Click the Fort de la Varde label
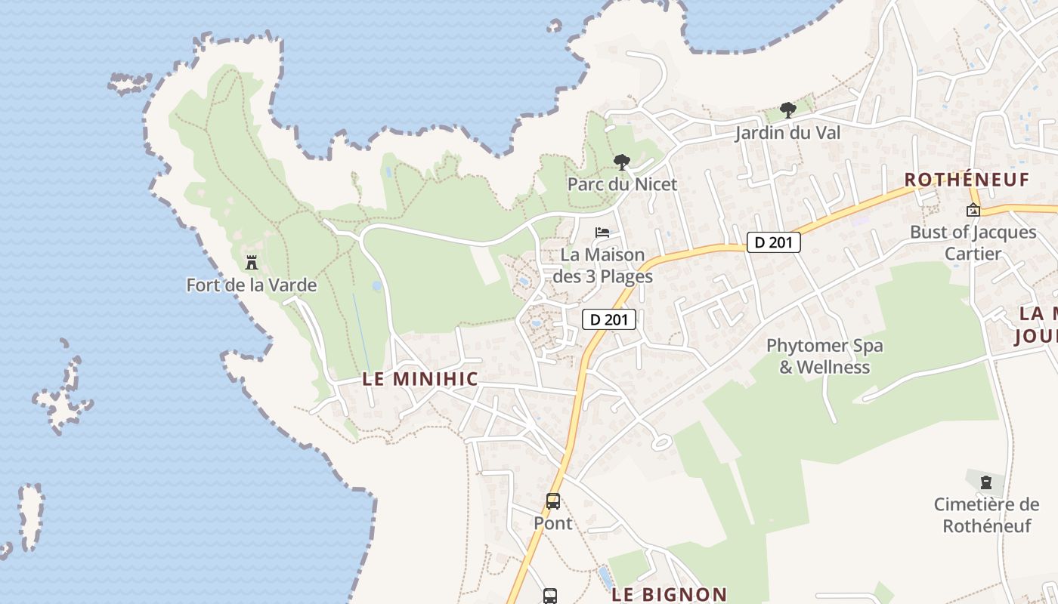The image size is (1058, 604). click(x=251, y=285)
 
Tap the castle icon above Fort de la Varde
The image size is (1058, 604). click(x=252, y=263)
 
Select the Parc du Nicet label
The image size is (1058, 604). click(x=622, y=184)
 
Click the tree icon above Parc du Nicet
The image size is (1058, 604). click(x=622, y=162)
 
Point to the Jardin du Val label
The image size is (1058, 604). click(x=788, y=133)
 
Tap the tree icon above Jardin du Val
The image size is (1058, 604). click(x=788, y=110)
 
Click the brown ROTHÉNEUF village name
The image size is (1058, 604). click(x=967, y=180)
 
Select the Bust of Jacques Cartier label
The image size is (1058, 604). click(x=973, y=242)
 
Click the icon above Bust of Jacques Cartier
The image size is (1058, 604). click(x=973, y=210)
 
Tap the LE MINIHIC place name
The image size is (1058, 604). click(x=420, y=379)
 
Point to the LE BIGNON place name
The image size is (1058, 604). click(x=669, y=595)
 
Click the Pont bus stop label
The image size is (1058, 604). click(x=553, y=523)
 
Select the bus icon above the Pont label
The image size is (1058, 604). click(x=553, y=501)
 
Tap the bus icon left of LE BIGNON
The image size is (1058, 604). click(x=550, y=596)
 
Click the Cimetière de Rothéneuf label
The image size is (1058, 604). click(x=986, y=515)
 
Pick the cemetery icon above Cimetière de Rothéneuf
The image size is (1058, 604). click(x=985, y=482)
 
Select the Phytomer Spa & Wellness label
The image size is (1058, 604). click(x=824, y=356)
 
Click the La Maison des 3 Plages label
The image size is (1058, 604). click(x=602, y=266)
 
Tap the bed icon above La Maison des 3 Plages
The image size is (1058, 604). click(x=602, y=233)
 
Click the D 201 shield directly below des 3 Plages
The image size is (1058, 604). click(x=609, y=319)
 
